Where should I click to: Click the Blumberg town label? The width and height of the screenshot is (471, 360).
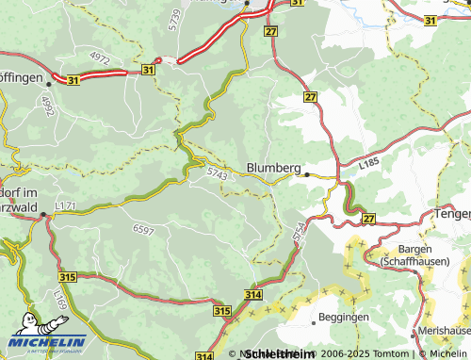(x=272, y=168)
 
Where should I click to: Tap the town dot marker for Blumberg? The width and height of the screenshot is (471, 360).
(x=306, y=174)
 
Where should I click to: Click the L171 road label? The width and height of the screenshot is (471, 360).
(x=65, y=205)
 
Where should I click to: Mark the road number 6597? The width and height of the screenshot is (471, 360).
(x=143, y=230)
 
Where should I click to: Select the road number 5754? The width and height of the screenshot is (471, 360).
(x=300, y=233)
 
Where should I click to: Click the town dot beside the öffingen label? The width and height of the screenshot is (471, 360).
(x=48, y=84)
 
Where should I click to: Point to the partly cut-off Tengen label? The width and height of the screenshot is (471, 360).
(x=451, y=214)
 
